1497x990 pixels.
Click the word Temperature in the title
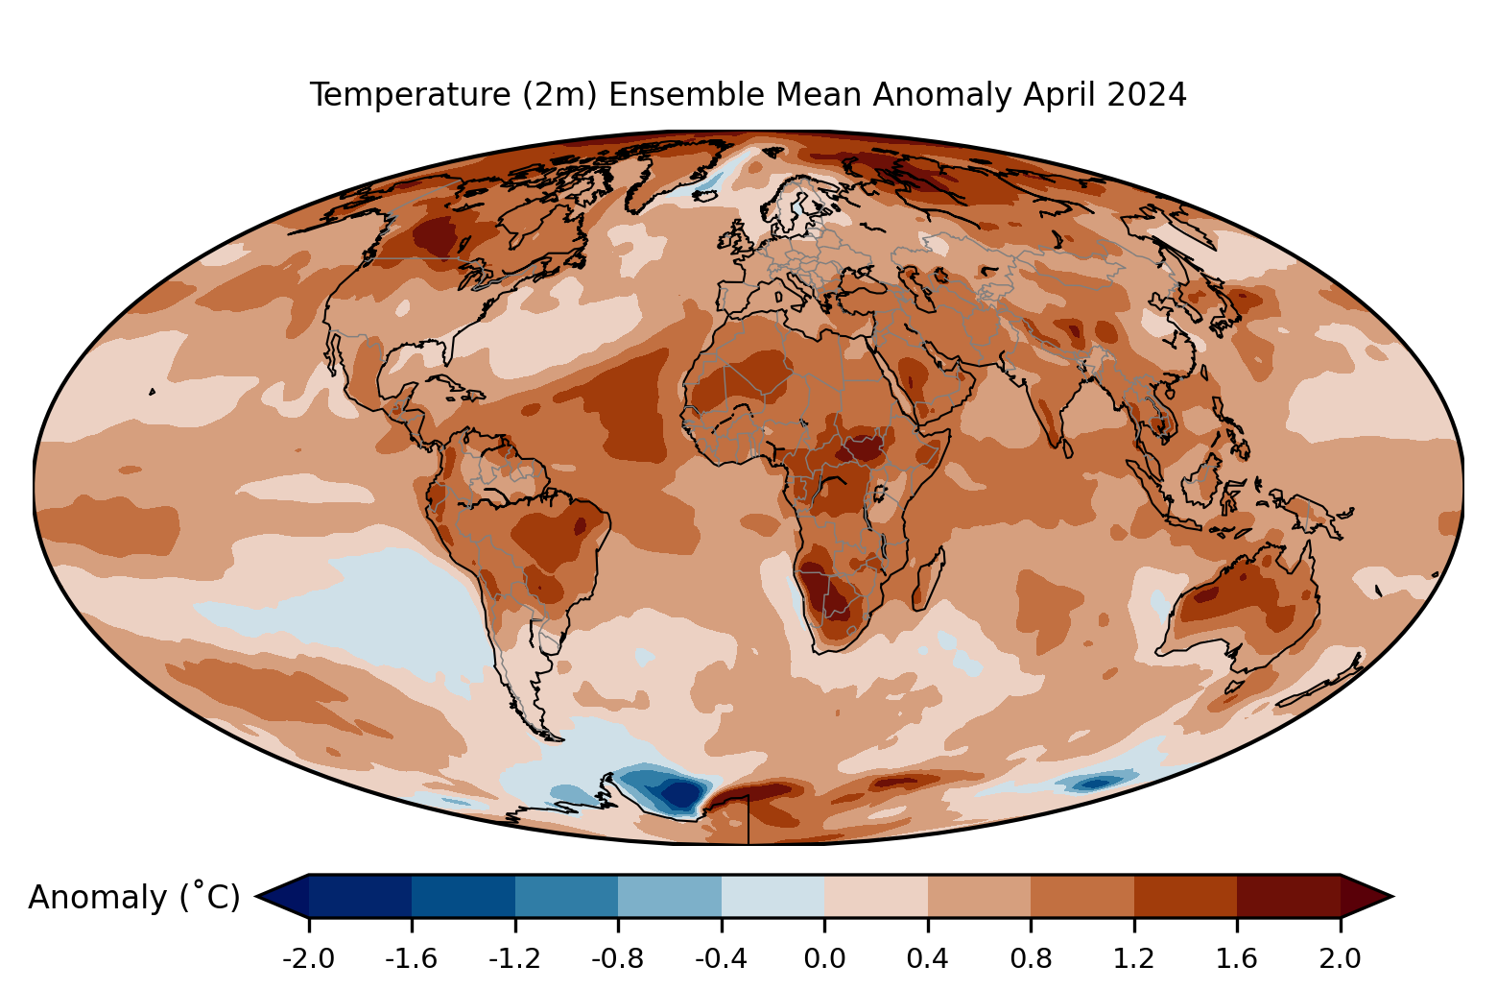click(x=411, y=95)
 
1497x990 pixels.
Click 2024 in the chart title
click(x=1147, y=95)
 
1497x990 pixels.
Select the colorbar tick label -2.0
click(x=308, y=959)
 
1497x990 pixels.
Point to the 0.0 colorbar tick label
click(x=824, y=959)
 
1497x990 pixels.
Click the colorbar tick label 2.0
click(x=1340, y=959)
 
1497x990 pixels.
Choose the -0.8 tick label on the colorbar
click(x=618, y=959)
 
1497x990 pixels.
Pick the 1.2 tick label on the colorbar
click(x=1134, y=959)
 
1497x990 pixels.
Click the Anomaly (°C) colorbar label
click(x=133, y=898)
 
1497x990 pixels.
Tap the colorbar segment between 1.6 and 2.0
click(x=1289, y=896)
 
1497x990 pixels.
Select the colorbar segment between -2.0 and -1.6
click(x=360, y=896)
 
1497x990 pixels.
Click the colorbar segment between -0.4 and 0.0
click(x=773, y=896)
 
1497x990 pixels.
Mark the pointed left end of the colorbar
click(x=256, y=896)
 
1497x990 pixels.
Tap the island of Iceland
click(x=704, y=195)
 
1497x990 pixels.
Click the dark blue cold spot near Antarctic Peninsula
click(x=679, y=794)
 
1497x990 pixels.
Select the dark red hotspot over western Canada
click(x=436, y=237)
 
